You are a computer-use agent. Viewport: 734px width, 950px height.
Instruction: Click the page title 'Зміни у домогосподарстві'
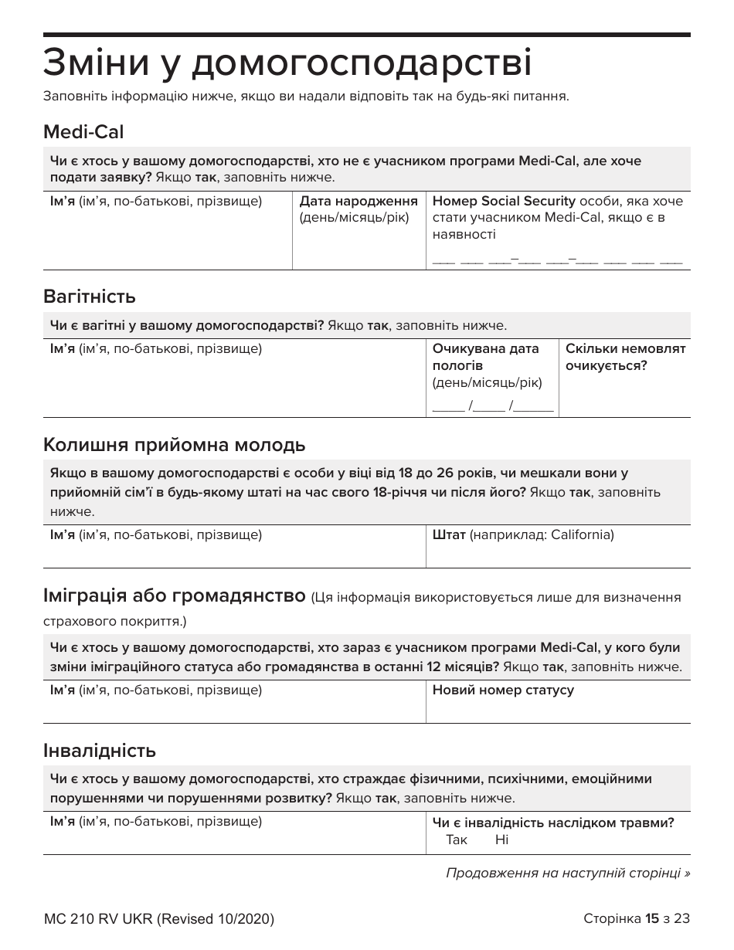coord(287,63)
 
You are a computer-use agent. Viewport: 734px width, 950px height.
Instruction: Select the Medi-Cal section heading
coord(83,132)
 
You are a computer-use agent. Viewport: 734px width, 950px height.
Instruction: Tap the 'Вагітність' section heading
coord(90,297)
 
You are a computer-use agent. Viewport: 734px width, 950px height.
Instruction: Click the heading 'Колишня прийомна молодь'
coord(175,445)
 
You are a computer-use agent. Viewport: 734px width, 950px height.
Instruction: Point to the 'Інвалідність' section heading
coord(100,750)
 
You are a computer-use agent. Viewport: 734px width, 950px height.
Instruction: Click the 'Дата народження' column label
coord(359,202)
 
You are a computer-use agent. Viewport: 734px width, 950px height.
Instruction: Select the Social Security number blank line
coord(557,261)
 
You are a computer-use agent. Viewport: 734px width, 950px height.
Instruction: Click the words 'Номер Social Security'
coord(504,202)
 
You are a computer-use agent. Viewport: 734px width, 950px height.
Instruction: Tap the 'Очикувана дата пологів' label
coord(485,357)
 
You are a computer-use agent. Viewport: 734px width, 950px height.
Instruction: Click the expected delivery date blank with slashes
coord(493,407)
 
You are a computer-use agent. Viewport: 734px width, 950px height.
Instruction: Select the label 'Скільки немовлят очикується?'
coord(625,357)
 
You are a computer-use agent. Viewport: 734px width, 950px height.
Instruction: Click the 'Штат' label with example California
coord(522,534)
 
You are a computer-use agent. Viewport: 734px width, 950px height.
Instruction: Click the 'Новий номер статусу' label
coord(503,690)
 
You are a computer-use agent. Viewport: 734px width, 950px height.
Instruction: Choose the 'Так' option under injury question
coord(457,840)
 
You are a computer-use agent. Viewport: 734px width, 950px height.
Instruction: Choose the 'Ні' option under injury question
coord(501,840)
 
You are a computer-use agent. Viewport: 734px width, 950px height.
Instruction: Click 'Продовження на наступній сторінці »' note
coord(568,873)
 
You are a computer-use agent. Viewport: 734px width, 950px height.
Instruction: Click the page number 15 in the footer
coord(652,919)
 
